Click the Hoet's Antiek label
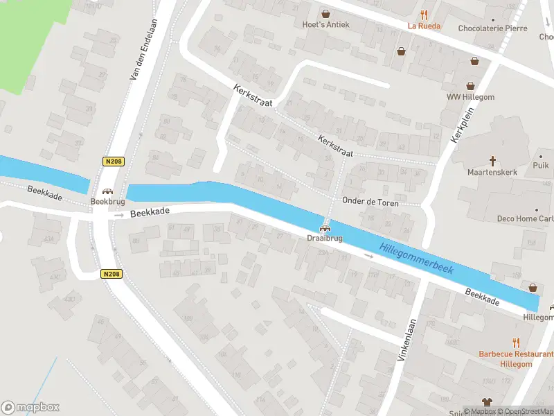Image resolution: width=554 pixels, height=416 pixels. click(325, 25)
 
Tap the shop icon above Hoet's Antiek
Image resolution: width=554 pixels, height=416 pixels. click(325, 13)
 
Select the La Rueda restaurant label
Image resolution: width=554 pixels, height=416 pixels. click(424, 26)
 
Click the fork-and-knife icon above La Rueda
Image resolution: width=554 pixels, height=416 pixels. click(424, 14)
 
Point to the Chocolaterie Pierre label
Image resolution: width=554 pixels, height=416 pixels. click(492, 28)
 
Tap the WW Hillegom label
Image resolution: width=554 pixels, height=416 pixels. click(470, 97)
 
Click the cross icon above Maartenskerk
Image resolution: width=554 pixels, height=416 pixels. click(492, 159)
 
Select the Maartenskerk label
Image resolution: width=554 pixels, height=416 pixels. click(492, 171)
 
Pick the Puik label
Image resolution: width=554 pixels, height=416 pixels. click(541, 165)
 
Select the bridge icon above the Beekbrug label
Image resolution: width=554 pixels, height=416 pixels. click(107, 191)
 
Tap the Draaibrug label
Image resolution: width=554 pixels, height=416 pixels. click(324, 238)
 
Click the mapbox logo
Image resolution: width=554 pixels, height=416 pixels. click(30, 407)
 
